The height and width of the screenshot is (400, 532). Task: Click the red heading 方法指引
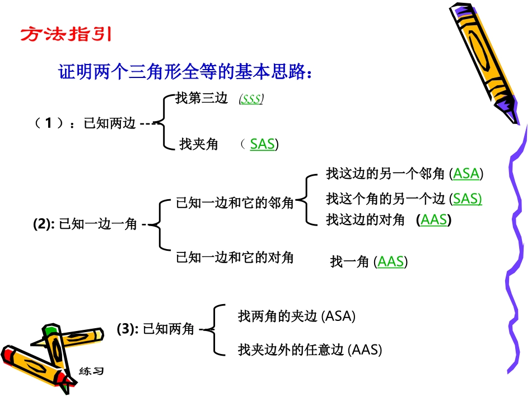66,35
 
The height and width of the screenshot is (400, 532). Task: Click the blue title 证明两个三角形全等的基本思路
184,72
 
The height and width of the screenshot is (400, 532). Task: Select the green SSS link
251,99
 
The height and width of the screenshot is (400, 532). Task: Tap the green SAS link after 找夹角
262,144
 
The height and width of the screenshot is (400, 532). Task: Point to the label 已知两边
110,123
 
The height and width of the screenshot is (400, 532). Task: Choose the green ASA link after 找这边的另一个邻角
466,173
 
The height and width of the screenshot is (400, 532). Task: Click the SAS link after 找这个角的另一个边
467,198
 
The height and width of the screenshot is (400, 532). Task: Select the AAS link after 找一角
391,261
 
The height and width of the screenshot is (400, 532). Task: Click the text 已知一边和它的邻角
235,203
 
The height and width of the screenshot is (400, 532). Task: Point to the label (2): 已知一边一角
85,224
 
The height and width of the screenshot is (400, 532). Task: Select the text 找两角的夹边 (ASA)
297,316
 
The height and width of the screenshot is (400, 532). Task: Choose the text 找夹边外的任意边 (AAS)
310,350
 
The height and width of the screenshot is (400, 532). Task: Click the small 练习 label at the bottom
91,371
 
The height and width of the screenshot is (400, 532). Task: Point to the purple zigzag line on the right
516,247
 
